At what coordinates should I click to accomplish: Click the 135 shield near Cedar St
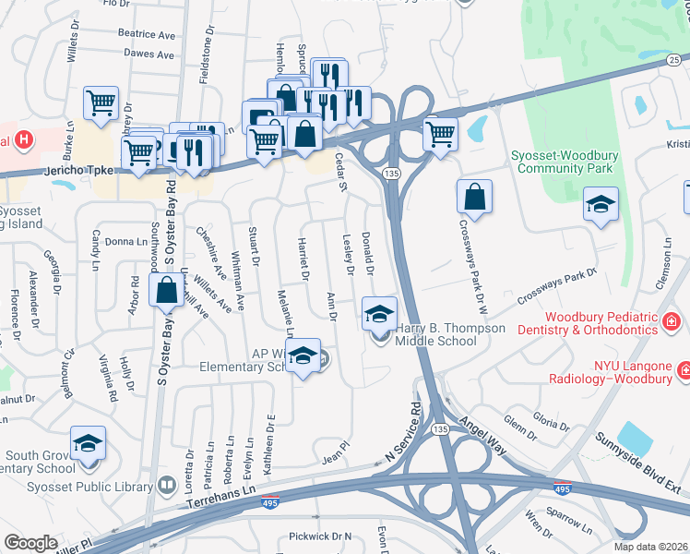[392, 174]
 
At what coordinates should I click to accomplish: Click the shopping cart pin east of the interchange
[441, 133]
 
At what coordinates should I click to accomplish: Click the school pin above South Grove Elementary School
[89, 443]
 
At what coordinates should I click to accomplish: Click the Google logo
[30, 543]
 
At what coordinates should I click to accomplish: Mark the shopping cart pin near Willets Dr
[101, 103]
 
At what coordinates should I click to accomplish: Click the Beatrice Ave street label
[146, 34]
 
